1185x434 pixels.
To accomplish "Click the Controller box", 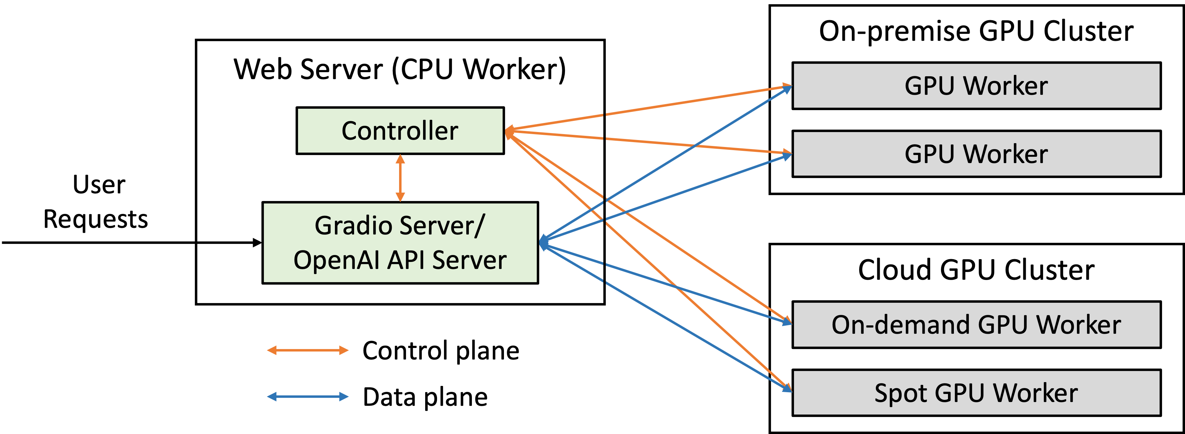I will coord(400,131).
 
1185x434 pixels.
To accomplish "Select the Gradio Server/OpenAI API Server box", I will coord(400,243).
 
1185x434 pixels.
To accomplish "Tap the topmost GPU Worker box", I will coord(976,86).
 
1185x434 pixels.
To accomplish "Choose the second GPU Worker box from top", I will coord(976,154).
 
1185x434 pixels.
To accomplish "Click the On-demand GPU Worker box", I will coord(976,325).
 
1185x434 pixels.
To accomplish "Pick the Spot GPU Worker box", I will coord(976,393).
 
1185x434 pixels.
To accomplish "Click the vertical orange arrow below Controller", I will coord(400,178).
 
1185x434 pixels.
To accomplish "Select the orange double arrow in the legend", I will coord(308,350).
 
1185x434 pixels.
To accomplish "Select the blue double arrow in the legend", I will coord(308,396).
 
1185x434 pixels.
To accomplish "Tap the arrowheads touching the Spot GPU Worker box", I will coord(787,388).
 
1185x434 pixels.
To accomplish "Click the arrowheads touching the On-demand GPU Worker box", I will coord(787,320).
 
